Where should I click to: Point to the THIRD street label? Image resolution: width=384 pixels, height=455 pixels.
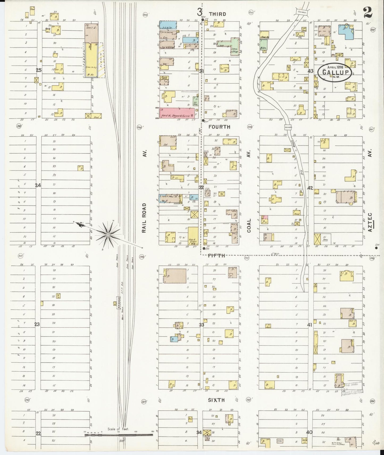(x=217, y=14)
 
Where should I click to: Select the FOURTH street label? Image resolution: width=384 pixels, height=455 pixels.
(x=219, y=127)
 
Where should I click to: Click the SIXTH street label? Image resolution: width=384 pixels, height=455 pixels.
(x=216, y=400)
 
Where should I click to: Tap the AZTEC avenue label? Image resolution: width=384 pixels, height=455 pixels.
(x=370, y=222)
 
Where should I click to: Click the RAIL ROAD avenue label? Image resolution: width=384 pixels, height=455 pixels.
(x=144, y=218)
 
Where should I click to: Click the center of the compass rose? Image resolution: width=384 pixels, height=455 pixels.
(x=108, y=235)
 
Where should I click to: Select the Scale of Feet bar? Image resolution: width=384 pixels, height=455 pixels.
(x=119, y=435)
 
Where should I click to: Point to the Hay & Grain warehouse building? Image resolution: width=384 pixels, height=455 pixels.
(x=193, y=236)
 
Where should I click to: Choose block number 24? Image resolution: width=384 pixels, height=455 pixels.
(x=38, y=185)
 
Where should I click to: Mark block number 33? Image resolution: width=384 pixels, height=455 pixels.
(x=201, y=325)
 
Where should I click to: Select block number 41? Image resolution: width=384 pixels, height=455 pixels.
(x=310, y=324)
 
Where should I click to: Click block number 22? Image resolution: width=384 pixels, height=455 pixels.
(x=39, y=433)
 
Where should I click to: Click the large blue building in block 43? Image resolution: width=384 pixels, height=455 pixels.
(x=346, y=32)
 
